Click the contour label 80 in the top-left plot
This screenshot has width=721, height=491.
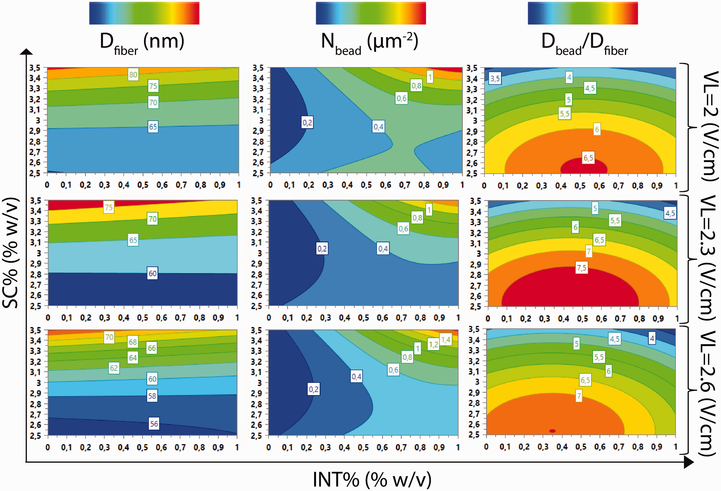[133, 75]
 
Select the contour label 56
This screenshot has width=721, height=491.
[154, 424]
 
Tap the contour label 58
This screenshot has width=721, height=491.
[152, 396]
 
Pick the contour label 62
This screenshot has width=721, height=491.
[114, 368]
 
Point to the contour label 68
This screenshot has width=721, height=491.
[133, 342]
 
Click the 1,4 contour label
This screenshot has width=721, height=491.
[445, 340]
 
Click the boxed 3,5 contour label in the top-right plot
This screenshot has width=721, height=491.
[495, 78]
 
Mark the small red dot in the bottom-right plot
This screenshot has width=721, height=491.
[552, 431]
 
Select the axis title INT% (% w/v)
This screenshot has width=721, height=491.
[372, 480]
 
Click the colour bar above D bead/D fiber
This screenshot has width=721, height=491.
[583, 13]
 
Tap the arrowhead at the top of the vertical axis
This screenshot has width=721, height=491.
[26, 52]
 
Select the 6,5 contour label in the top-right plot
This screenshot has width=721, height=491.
[588, 158]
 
